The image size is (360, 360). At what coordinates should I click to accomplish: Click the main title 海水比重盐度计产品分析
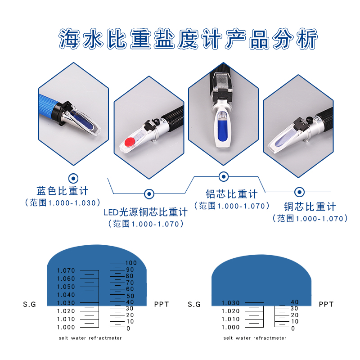click(188, 39)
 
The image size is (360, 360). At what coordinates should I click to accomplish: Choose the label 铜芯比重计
click(310, 207)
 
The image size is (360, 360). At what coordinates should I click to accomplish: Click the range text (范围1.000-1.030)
click(62, 203)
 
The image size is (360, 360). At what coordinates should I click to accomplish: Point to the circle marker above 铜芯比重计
click(299, 192)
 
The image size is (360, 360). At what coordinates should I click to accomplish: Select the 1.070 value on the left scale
click(66, 270)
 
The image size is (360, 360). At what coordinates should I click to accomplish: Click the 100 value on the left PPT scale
click(130, 263)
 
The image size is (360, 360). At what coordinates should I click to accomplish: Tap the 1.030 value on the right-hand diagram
click(230, 303)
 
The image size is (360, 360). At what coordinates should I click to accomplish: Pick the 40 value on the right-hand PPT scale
click(295, 302)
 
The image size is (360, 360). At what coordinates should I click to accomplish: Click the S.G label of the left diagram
click(29, 304)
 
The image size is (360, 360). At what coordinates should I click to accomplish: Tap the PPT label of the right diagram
click(326, 304)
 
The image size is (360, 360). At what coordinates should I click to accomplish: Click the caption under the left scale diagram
click(90, 337)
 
